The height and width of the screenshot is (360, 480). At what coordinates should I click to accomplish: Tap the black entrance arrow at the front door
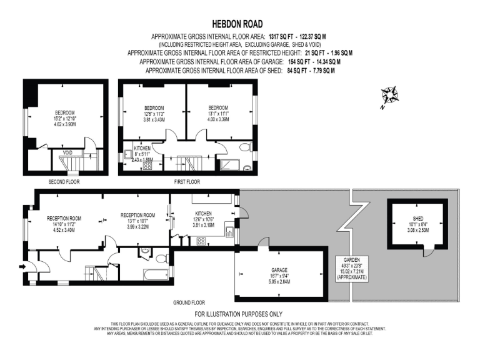[23, 267]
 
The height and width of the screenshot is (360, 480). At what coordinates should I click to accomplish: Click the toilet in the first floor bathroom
[247, 167]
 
